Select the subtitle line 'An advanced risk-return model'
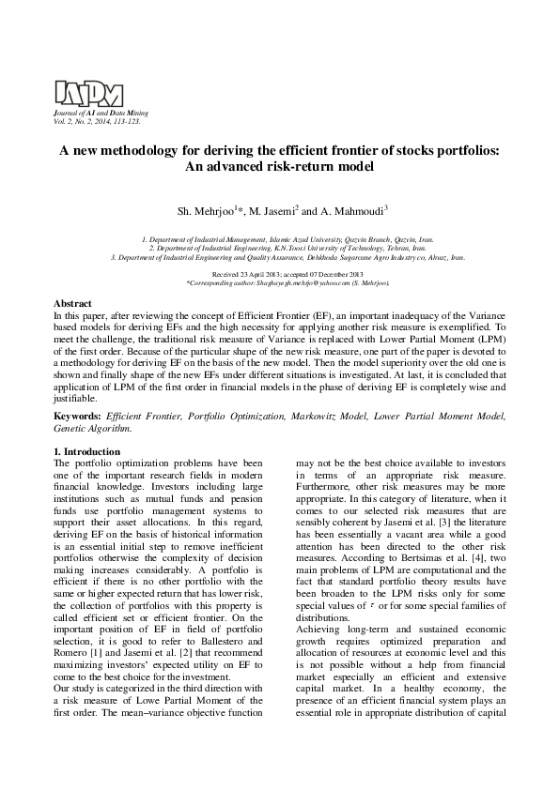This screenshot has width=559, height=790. point(279,167)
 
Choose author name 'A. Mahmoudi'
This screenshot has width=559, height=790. point(354,210)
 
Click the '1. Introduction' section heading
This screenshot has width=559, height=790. point(86,452)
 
